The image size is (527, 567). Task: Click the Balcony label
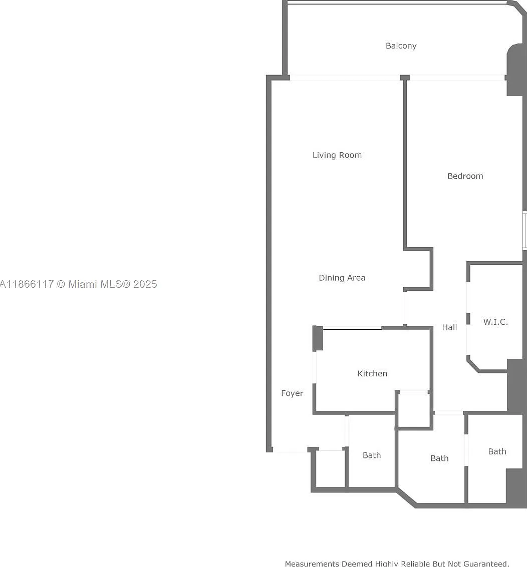(401, 46)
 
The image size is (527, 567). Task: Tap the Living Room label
(337, 155)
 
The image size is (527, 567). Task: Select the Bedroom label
(465, 176)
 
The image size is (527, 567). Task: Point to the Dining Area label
(342, 278)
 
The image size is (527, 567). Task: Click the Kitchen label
(372, 373)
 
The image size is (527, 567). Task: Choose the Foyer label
(292, 393)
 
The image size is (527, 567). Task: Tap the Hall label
(449, 328)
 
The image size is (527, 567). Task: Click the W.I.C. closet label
(495, 322)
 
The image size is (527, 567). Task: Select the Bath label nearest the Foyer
(372, 455)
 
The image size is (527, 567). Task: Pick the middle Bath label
(439, 458)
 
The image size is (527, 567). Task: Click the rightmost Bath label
(497, 451)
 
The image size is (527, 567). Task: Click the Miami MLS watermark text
(79, 284)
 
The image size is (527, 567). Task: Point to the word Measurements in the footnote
(313, 563)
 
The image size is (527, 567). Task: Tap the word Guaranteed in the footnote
(486, 563)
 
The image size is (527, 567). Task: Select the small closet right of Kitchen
(414, 410)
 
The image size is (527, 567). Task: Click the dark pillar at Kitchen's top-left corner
(318, 338)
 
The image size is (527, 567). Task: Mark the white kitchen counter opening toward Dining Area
(352, 328)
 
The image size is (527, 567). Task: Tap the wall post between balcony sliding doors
(405, 78)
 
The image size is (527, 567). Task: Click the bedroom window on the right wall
(525, 231)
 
